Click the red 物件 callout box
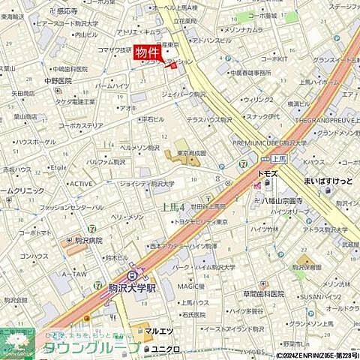tap(148, 52)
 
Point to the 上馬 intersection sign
tap(278, 160)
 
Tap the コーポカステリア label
tap(80, 126)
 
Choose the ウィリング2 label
tap(257, 99)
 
